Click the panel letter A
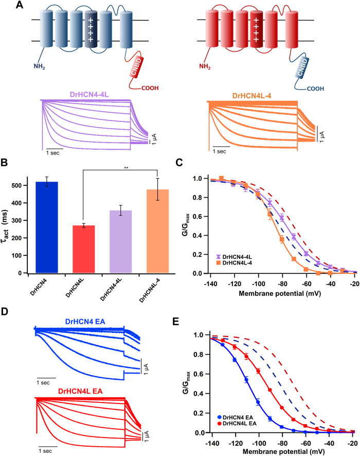[x=8, y=6]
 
